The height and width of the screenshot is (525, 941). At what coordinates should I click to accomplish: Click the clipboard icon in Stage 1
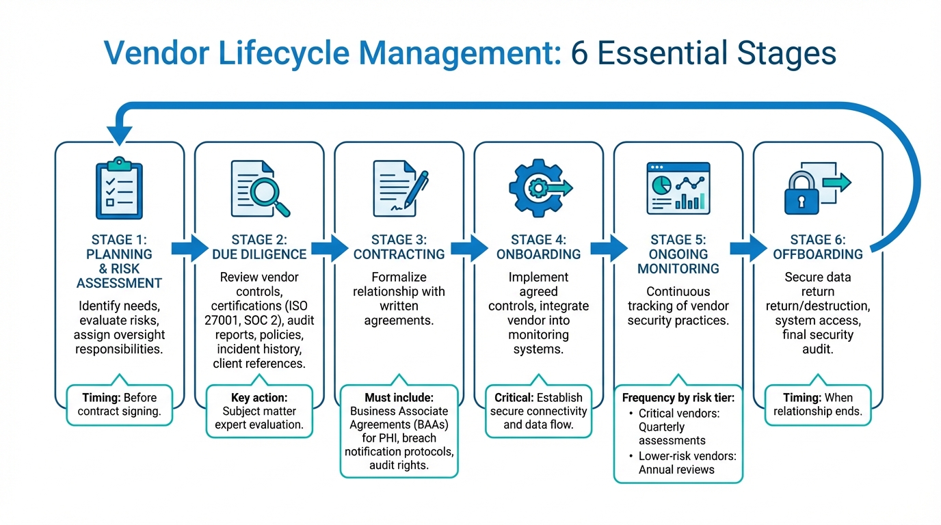pyautogui.click(x=119, y=189)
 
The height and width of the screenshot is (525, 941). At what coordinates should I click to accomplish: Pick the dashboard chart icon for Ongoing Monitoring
pyautogui.click(x=678, y=187)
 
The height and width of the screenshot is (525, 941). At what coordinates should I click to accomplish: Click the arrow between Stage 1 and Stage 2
pyautogui.click(x=189, y=247)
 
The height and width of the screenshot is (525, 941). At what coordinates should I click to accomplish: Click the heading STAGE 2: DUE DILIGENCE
pyautogui.click(x=259, y=247)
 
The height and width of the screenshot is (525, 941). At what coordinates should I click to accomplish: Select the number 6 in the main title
pyautogui.click(x=579, y=53)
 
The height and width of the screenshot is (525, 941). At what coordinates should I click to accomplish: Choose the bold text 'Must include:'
pyautogui.click(x=399, y=397)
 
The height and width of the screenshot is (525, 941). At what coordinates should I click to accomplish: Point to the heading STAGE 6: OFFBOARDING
pyautogui.click(x=817, y=247)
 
